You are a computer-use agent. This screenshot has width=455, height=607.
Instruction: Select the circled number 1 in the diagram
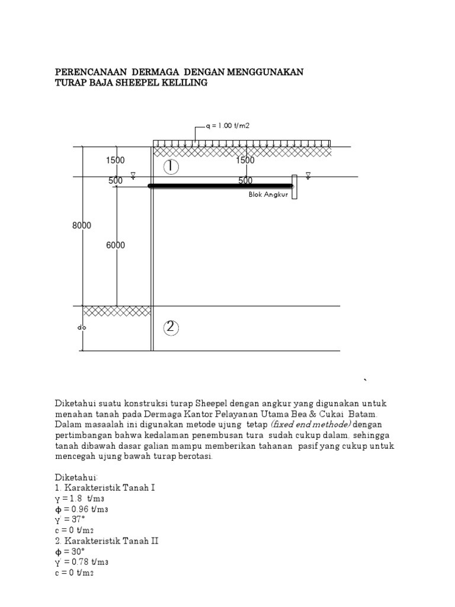tap(171, 167)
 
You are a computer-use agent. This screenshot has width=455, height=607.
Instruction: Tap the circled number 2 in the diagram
tap(171, 327)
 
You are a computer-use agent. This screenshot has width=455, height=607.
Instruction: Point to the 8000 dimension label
tap(82, 225)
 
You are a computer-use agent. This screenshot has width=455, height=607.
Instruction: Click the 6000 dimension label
tap(116, 245)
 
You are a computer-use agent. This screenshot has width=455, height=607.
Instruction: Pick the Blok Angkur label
tap(268, 194)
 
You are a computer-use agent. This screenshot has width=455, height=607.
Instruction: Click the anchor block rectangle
tap(293, 187)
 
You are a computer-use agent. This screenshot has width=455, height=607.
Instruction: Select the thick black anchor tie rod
tap(219, 186)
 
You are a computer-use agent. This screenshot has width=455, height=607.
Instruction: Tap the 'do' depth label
tap(82, 327)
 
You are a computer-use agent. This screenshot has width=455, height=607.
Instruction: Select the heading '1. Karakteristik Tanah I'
tap(105, 488)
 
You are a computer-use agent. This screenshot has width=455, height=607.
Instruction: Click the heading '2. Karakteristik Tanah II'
tap(107, 541)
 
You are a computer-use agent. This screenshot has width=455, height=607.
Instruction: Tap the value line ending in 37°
tap(71, 520)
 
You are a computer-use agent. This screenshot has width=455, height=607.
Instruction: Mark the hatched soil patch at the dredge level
tap(116, 311)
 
